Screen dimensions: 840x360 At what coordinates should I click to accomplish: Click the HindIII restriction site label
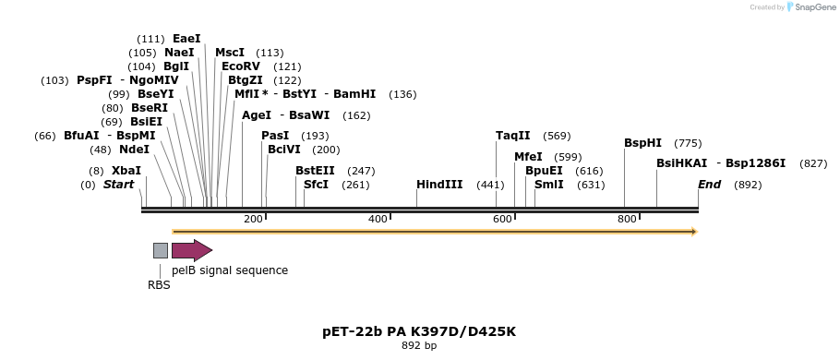click(x=439, y=185)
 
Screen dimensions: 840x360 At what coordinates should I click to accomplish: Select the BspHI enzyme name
click(x=642, y=143)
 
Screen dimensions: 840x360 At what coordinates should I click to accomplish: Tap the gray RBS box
click(x=161, y=250)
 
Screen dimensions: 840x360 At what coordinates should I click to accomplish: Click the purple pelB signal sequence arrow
click(x=192, y=250)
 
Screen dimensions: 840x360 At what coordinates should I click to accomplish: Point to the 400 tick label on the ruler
click(x=378, y=219)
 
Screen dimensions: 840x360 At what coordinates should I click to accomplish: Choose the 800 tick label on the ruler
click(x=627, y=219)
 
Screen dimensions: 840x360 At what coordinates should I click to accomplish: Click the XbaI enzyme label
click(x=126, y=171)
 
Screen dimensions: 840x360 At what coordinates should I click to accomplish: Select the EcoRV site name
click(x=241, y=66)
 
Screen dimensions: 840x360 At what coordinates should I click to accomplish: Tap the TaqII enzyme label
click(x=513, y=136)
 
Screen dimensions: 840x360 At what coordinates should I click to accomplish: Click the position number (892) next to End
click(x=748, y=186)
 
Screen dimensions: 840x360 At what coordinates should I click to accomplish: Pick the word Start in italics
click(x=118, y=185)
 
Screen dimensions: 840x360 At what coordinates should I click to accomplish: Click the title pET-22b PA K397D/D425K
click(x=419, y=331)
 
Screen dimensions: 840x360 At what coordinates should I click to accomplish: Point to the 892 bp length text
click(x=419, y=346)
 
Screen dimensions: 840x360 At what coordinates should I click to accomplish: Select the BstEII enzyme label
click(x=315, y=171)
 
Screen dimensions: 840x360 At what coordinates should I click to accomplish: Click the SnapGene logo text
click(x=816, y=7)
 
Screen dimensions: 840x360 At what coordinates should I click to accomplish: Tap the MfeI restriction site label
click(x=528, y=157)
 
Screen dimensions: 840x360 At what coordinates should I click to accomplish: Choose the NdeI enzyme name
click(x=135, y=150)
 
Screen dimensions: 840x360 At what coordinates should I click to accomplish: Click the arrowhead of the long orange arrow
click(x=695, y=232)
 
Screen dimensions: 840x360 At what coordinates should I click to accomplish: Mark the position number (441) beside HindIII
click(x=491, y=186)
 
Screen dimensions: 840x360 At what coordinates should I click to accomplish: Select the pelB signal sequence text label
click(x=230, y=270)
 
